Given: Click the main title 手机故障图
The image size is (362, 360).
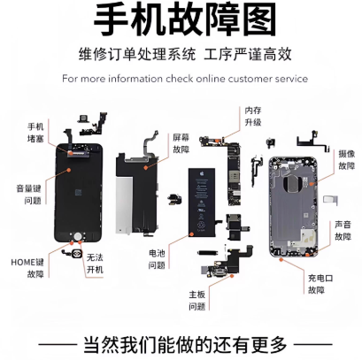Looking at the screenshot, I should pos(181,20).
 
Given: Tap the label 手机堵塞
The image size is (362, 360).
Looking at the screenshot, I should pos(36,133).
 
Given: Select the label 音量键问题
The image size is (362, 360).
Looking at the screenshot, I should pos(30,194).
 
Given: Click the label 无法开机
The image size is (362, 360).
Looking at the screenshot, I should pos(96,264).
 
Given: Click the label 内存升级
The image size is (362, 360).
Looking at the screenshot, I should pos(254,117).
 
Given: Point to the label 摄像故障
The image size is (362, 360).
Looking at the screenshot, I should pos(346,159).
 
